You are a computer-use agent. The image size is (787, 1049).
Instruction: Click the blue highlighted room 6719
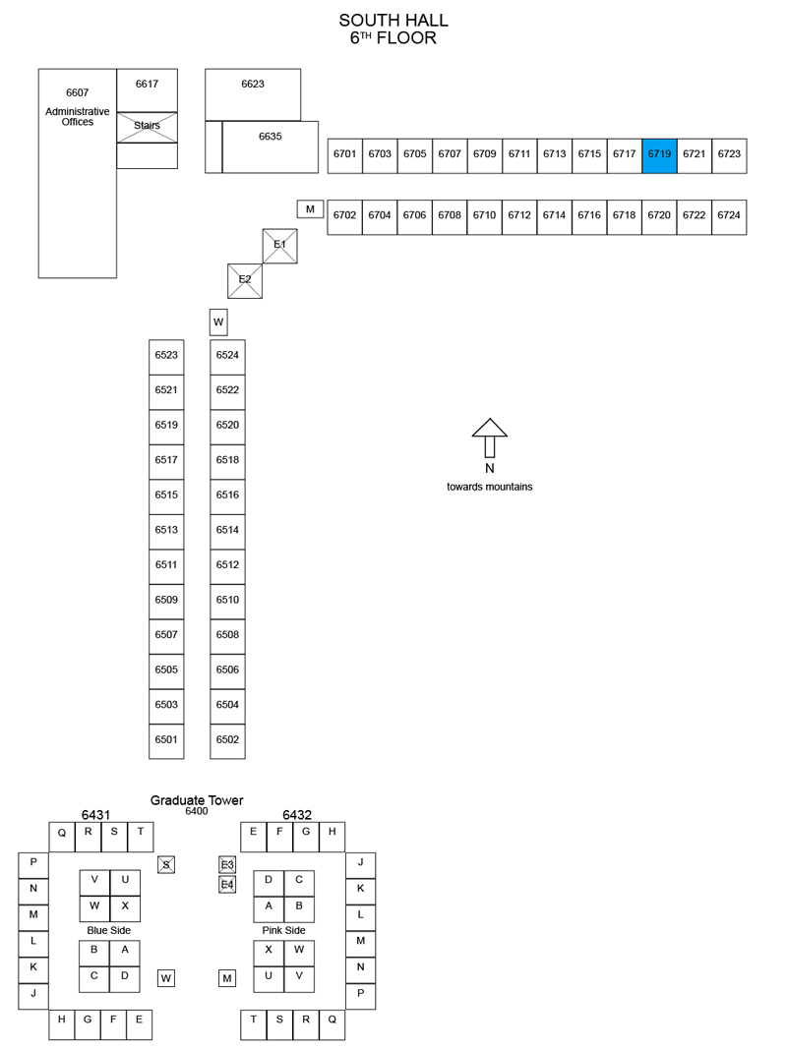coord(659,156)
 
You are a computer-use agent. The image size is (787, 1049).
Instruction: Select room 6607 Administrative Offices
coord(78,173)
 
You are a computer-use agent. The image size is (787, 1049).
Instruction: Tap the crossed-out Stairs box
coord(148,127)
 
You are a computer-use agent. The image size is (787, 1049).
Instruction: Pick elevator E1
coord(279,246)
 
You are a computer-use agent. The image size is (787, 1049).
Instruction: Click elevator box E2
coord(245,281)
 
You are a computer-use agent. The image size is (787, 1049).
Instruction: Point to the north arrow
coord(490,437)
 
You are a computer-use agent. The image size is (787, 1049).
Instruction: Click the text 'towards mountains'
coord(490,487)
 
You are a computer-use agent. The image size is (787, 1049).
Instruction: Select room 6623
coord(253,94)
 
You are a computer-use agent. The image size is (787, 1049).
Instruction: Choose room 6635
coord(271,146)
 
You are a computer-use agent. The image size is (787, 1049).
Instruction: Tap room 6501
coord(166,741)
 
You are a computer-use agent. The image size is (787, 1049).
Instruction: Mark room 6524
coord(227,357)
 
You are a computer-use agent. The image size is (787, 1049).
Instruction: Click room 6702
coord(344,216)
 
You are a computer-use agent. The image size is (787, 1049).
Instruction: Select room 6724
coord(729,216)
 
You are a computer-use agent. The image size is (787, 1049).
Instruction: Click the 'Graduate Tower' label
coord(197,800)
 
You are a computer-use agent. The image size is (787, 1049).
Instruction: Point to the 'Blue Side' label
coord(109,930)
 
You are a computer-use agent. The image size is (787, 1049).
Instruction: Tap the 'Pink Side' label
coord(283,930)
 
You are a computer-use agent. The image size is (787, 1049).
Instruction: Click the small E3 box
coord(227,864)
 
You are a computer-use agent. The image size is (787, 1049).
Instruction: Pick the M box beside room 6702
coord(311,208)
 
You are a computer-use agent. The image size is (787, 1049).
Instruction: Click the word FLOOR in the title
coord(406,38)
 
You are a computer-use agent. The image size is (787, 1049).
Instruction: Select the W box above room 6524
coord(218,321)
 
